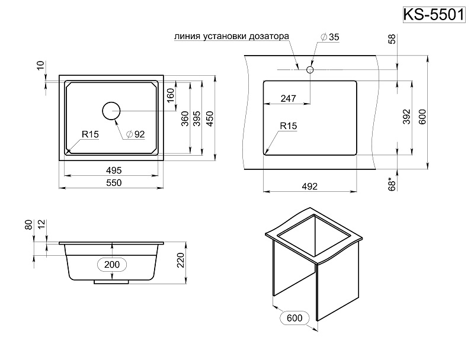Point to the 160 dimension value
click(171, 95)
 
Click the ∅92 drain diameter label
click(136, 134)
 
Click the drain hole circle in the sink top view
click(111, 111)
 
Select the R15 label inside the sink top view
click(90, 135)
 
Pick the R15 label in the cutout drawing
click(288, 126)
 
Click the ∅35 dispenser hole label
click(329, 37)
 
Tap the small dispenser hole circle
click(309, 70)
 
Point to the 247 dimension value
click(288, 99)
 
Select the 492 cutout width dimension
click(310, 187)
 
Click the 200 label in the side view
click(113, 264)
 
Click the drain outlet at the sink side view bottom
click(111, 282)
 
